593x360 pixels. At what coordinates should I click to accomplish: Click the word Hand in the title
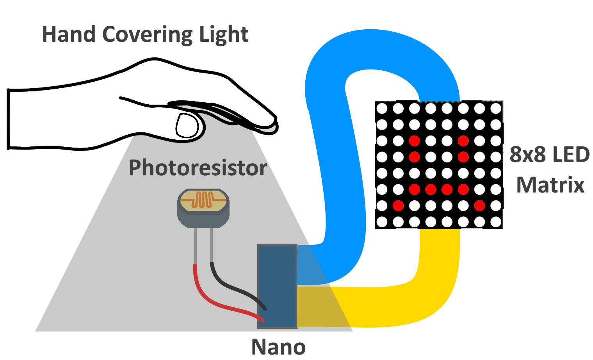point(69,34)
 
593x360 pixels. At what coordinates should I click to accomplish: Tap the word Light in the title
point(224,35)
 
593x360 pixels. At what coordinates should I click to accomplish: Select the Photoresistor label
point(198,168)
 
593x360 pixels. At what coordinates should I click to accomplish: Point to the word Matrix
point(550,185)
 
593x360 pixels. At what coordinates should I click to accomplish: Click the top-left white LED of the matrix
point(382,108)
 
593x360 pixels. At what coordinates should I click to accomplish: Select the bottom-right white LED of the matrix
point(496,222)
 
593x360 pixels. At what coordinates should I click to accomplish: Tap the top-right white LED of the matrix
point(496,108)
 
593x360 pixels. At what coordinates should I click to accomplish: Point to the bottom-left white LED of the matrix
point(382,222)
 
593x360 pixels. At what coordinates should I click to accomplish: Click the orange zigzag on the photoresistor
point(203,199)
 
